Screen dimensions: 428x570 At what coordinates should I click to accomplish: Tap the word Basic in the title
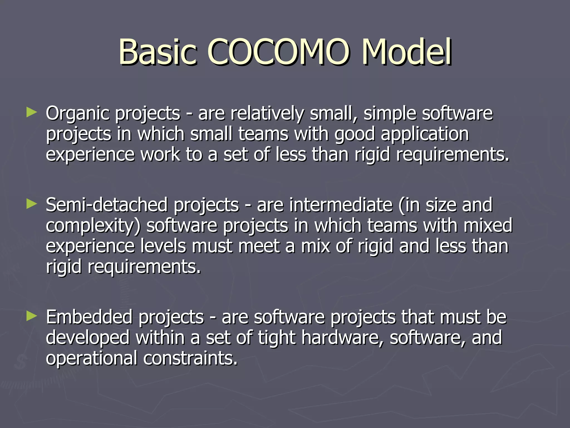coord(158,52)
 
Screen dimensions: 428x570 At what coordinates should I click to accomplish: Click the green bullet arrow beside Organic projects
coord(31,113)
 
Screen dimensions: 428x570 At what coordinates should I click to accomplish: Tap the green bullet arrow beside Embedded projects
coord(31,316)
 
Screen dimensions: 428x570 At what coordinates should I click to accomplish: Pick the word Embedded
coord(89,317)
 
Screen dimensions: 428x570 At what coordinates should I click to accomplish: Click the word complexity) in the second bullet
coord(93,226)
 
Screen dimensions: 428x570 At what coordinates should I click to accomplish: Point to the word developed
coord(88,337)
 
